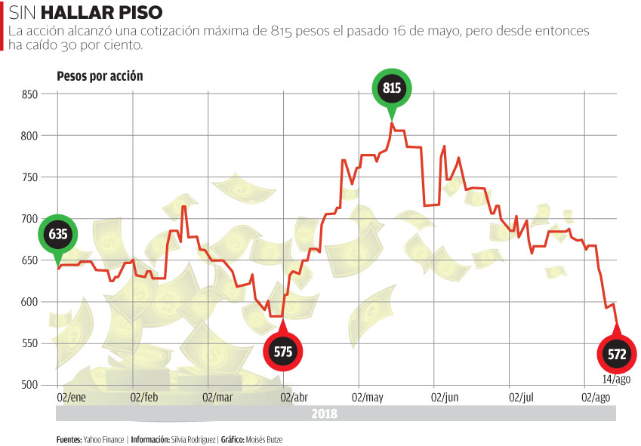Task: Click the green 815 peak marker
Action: (x=392, y=89)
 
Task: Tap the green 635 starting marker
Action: (x=58, y=234)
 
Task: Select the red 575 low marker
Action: (x=282, y=352)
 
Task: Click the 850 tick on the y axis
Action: (x=30, y=94)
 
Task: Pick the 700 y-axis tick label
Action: (x=30, y=219)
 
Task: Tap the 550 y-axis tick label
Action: (x=30, y=343)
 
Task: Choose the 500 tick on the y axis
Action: (x=30, y=385)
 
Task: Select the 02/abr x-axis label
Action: (x=294, y=397)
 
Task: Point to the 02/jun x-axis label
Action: (x=445, y=397)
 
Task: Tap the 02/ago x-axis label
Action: (x=595, y=397)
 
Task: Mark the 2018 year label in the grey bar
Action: (x=325, y=414)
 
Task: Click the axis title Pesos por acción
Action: (x=100, y=76)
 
